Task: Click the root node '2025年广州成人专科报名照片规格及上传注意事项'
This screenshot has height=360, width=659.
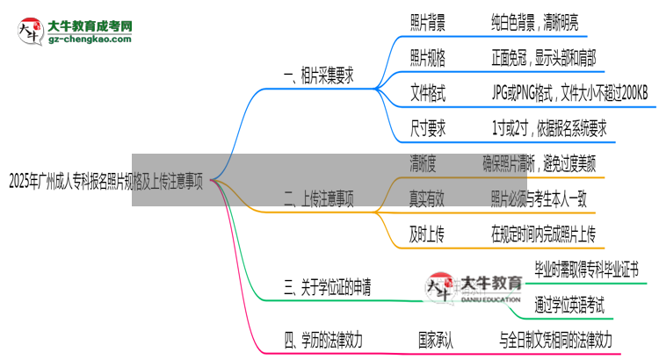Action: (x=105, y=183)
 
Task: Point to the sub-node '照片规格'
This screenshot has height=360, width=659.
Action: (x=428, y=58)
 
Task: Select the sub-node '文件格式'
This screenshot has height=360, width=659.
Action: (x=428, y=93)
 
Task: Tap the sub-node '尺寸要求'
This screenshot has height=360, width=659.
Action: (x=428, y=128)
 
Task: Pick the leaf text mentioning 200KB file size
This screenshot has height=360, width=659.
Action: (x=569, y=93)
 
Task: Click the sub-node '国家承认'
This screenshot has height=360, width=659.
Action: (x=437, y=338)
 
